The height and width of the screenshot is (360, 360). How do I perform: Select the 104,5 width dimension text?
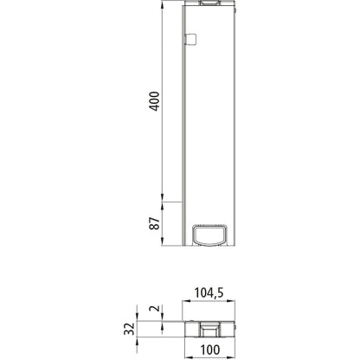click(209, 294)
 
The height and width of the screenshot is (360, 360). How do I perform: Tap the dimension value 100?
click(209, 350)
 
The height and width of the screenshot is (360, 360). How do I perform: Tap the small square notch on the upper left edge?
click(192, 38)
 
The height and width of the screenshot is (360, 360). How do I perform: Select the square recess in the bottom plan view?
click(208, 329)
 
